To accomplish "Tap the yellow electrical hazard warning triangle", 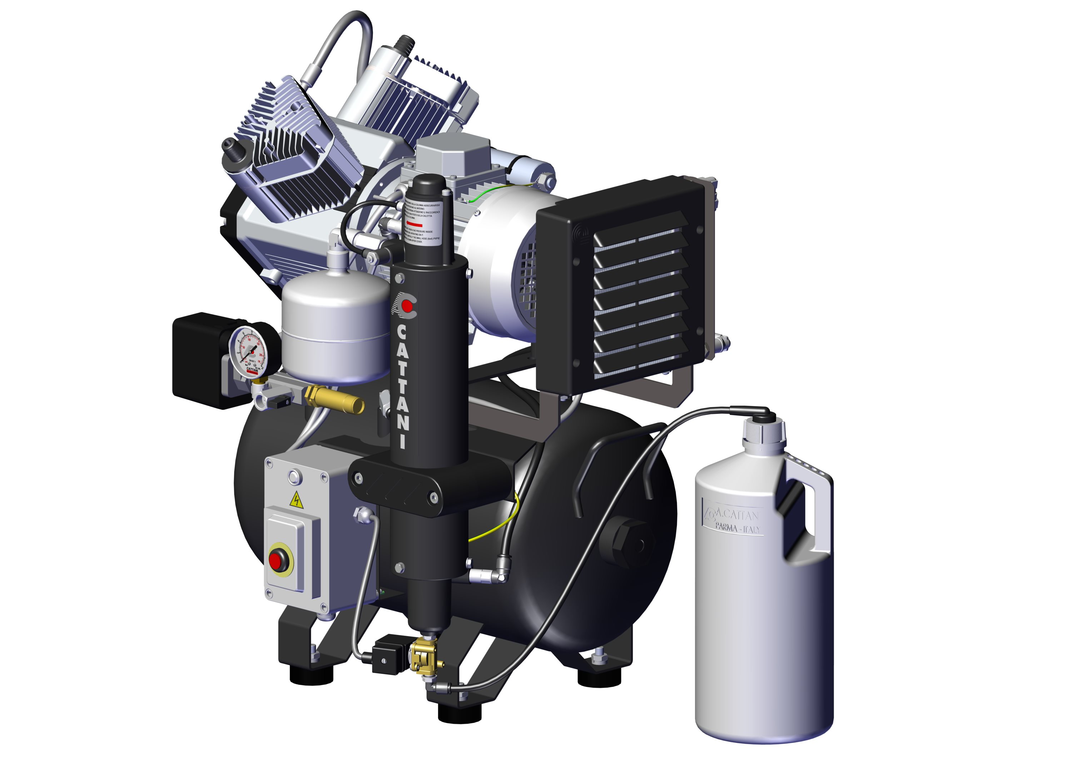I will click(x=296, y=501).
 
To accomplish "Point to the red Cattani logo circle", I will click(x=407, y=306).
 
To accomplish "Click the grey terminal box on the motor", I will click(x=452, y=154).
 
